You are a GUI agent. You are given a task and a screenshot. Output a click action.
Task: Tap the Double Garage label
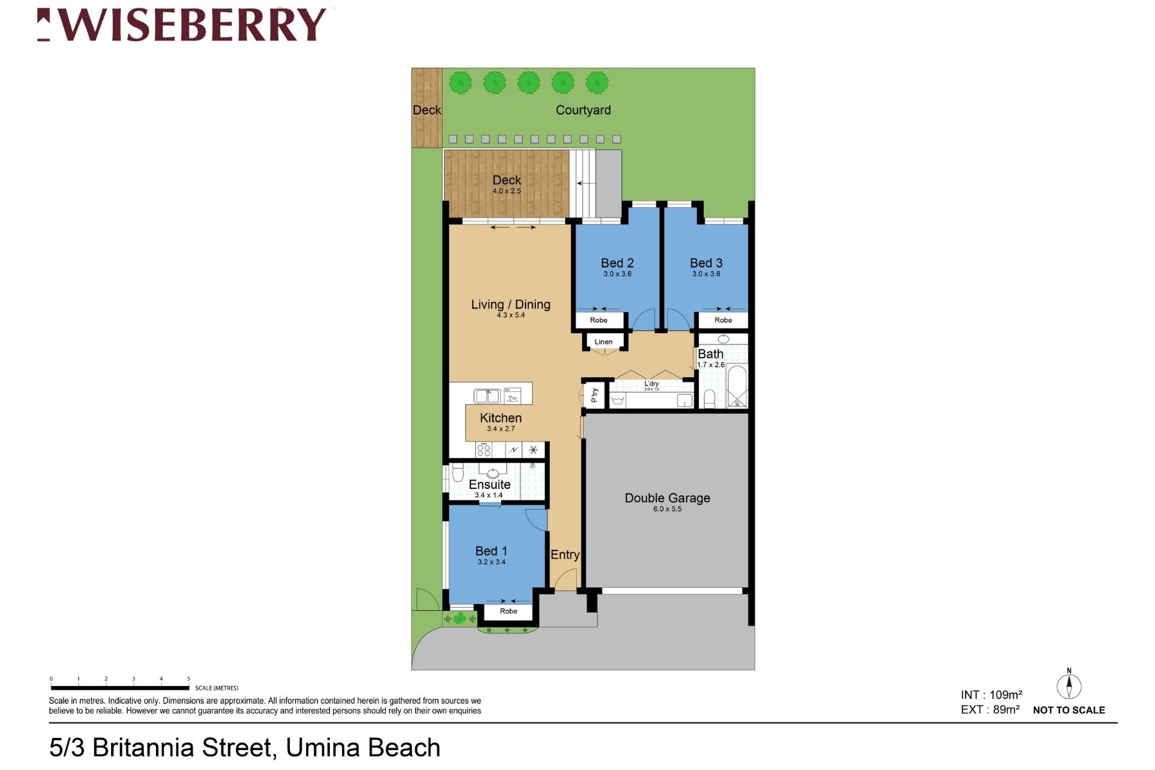667,498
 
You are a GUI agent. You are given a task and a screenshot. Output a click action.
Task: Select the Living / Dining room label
511,304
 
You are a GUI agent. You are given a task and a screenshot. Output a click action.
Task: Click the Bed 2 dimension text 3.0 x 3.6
617,274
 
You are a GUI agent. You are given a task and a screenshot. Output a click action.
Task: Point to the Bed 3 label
706,263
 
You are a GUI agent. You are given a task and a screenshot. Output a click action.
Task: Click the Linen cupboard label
603,342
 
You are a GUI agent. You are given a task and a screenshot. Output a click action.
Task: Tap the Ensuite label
490,484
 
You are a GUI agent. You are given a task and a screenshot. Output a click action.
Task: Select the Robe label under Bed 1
508,612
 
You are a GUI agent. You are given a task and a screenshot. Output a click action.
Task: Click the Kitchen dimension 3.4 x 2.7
501,429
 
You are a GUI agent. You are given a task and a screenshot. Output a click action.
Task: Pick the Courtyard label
583,110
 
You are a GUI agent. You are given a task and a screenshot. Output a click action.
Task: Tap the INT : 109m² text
991,695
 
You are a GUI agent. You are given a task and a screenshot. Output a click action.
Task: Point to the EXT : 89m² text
989,710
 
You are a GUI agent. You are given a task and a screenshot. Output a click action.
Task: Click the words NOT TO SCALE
1068,710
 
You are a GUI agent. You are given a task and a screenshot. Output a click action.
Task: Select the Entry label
565,555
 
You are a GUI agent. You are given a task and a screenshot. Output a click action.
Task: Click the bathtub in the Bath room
737,386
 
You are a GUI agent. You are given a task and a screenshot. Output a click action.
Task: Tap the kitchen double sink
487,396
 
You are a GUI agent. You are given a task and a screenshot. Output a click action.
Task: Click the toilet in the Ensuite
458,474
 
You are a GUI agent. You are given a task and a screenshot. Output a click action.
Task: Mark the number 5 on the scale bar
189,679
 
